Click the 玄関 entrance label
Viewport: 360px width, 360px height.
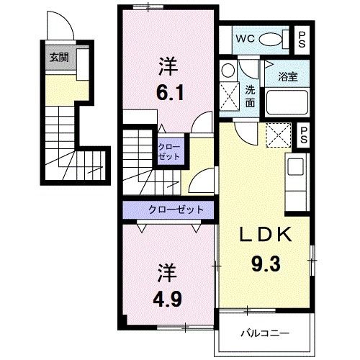(x=59, y=58)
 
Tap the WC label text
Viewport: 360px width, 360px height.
(x=245, y=38)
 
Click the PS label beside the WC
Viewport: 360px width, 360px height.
(x=302, y=40)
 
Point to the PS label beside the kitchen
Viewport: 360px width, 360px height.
(x=303, y=135)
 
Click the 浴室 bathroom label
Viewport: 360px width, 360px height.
(x=288, y=76)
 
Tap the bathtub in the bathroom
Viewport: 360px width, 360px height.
(x=287, y=102)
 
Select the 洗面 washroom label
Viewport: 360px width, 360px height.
(x=250, y=96)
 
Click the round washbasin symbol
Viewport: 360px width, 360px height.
(x=228, y=70)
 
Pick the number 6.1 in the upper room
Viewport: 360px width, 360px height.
(x=170, y=93)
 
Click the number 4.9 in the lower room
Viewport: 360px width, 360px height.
(x=168, y=299)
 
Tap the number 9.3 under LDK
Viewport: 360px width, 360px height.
(x=266, y=264)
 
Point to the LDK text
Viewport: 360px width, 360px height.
(x=266, y=234)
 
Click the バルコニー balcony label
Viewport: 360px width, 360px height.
(x=265, y=333)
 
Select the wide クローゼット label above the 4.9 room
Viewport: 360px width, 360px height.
(x=176, y=210)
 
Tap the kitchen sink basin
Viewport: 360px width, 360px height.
(x=295, y=166)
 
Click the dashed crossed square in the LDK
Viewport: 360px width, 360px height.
(x=278, y=135)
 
